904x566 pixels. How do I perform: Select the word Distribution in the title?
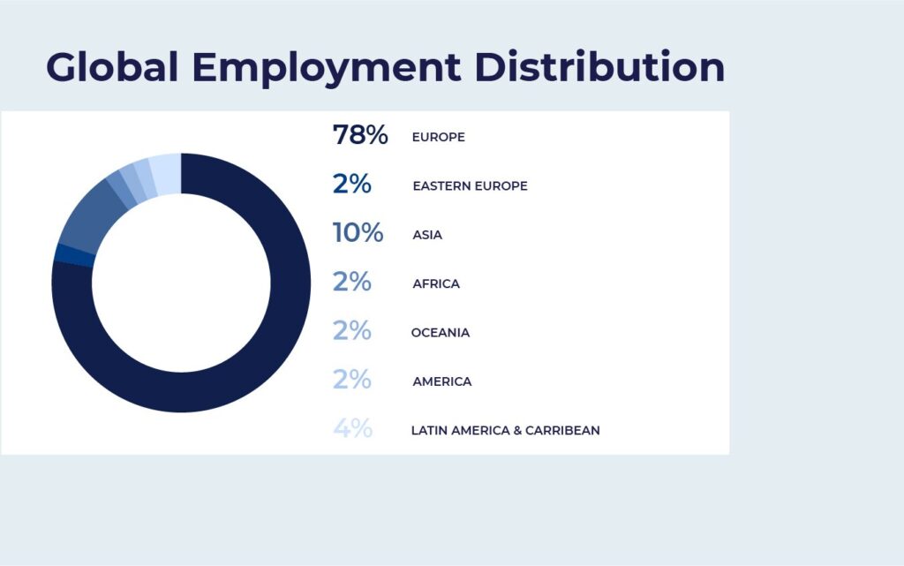coord(600,67)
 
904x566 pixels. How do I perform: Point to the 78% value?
coord(360,135)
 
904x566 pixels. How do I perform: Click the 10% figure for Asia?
coord(358,233)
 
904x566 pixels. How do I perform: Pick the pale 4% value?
coord(352,429)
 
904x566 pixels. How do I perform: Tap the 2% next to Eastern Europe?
coord(351,185)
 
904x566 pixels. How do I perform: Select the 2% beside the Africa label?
coord(351,283)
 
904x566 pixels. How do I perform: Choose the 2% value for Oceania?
coord(351,331)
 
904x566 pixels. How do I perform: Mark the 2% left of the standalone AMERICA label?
coord(351,381)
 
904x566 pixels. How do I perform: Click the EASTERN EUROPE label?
coord(470,186)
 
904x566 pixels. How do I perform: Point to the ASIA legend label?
coord(427,236)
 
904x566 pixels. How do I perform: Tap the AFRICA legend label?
coord(436,284)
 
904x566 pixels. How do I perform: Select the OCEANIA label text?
coord(441,333)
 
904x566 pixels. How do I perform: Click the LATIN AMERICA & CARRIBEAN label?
coord(505,431)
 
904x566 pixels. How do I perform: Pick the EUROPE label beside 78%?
coord(438,138)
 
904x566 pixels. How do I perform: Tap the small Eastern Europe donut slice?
coord(73,255)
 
